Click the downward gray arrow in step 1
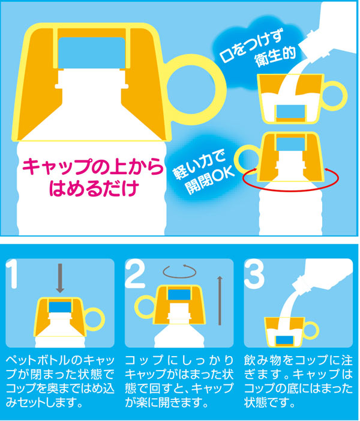(60, 278)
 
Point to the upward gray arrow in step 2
(220, 301)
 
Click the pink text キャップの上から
(92, 166)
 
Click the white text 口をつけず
(251, 47)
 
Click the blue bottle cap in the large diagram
(92, 53)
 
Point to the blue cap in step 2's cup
(179, 294)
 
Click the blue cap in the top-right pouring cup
(291, 112)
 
